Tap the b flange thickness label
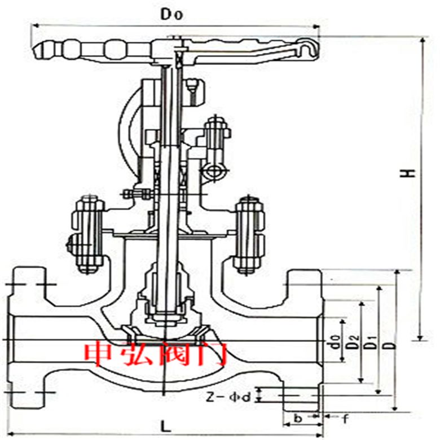click(x=297, y=419)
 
